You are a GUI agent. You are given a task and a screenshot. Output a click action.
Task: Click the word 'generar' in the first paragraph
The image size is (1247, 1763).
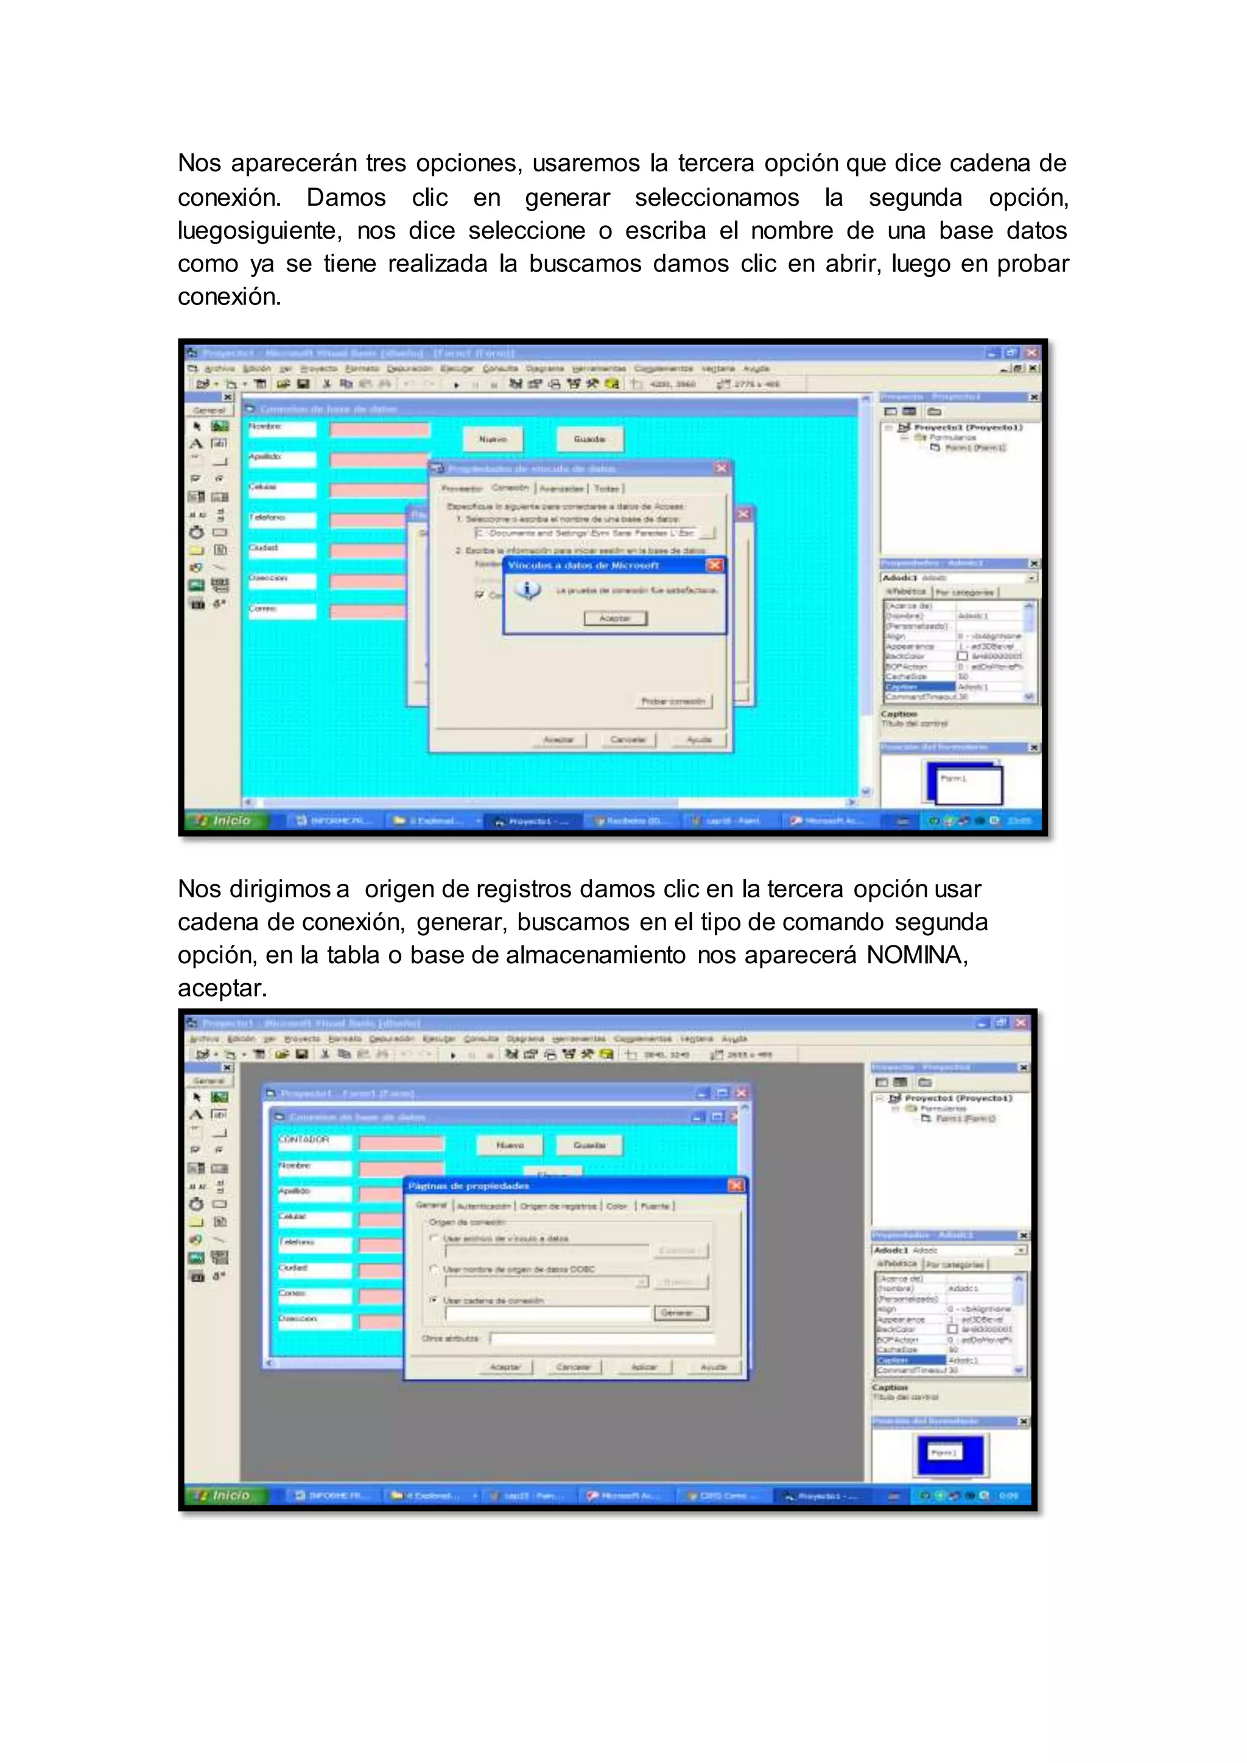[x=567, y=197]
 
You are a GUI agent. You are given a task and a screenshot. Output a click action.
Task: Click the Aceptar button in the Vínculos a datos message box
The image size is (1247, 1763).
[x=614, y=618]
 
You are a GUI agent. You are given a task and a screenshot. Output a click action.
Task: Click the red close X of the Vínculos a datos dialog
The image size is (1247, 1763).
[x=715, y=564]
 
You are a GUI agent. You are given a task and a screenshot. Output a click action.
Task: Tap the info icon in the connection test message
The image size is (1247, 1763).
[x=527, y=591]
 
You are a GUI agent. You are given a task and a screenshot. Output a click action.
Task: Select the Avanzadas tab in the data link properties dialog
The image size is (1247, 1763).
[x=561, y=488]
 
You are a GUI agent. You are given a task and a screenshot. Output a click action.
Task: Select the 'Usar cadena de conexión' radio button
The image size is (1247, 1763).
[x=434, y=1300]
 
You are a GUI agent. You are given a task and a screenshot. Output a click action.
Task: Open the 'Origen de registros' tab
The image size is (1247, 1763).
[x=558, y=1207]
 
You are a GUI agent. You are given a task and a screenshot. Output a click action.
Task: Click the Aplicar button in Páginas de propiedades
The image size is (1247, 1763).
[x=644, y=1367]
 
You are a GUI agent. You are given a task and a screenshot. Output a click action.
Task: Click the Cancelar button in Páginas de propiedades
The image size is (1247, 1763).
[x=574, y=1367]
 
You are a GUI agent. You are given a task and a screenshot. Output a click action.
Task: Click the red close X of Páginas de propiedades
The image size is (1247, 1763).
[x=736, y=1185]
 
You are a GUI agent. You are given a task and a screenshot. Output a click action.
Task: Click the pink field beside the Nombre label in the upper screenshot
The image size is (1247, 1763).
[x=379, y=429]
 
